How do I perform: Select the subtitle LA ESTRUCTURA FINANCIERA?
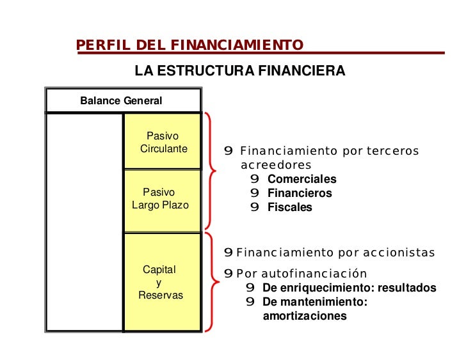(239, 71)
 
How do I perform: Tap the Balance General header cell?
(121, 101)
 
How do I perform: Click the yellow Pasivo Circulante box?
(163, 142)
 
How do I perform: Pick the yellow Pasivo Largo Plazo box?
(163, 200)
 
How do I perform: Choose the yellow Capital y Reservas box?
(163, 282)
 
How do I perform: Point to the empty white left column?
(84, 222)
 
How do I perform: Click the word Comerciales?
(301, 180)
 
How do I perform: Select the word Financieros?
(300, 193)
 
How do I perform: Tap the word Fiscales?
(289, 207)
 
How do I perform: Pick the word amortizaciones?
(304, 316)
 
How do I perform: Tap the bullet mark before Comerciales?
(255, 180)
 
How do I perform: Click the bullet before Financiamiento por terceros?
(228, 152)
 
